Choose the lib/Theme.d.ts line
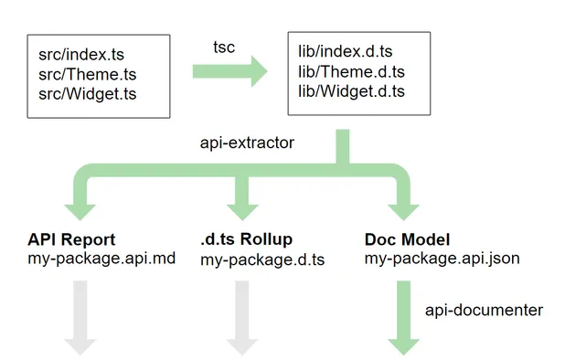tap(351, 72)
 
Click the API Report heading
tap(70, 239)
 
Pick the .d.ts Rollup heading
tap(246, 239)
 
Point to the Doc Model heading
tap(407, 239)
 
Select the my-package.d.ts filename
tap(262, 259)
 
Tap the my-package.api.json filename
tap(442, 259)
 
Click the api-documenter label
tap(484, 311)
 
